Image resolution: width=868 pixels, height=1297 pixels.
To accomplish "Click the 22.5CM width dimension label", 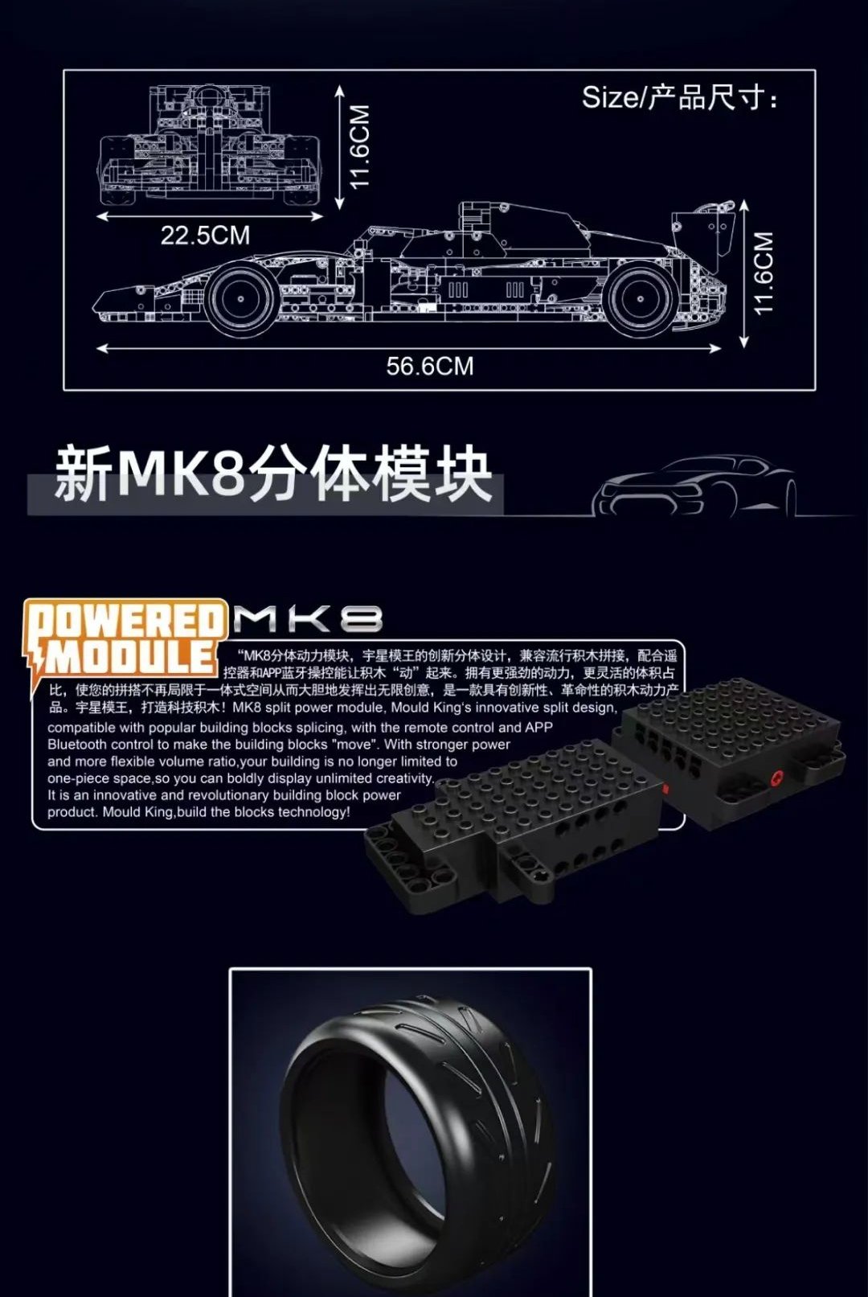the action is point(205,235).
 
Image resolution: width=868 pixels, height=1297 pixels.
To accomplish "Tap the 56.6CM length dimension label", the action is point(430,366).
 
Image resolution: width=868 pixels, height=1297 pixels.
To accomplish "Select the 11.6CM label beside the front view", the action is point(359,146).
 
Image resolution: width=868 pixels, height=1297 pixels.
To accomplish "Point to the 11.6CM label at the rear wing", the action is point(764,273).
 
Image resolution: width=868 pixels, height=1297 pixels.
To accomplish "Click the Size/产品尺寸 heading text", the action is point(679,97).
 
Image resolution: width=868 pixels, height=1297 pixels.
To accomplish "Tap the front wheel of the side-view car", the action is point(240,298).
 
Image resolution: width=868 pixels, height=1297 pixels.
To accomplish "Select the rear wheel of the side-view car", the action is point(641,298).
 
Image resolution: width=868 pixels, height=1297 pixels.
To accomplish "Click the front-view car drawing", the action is point(210,145).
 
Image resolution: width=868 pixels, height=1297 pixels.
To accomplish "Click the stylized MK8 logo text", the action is point(307,618).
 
